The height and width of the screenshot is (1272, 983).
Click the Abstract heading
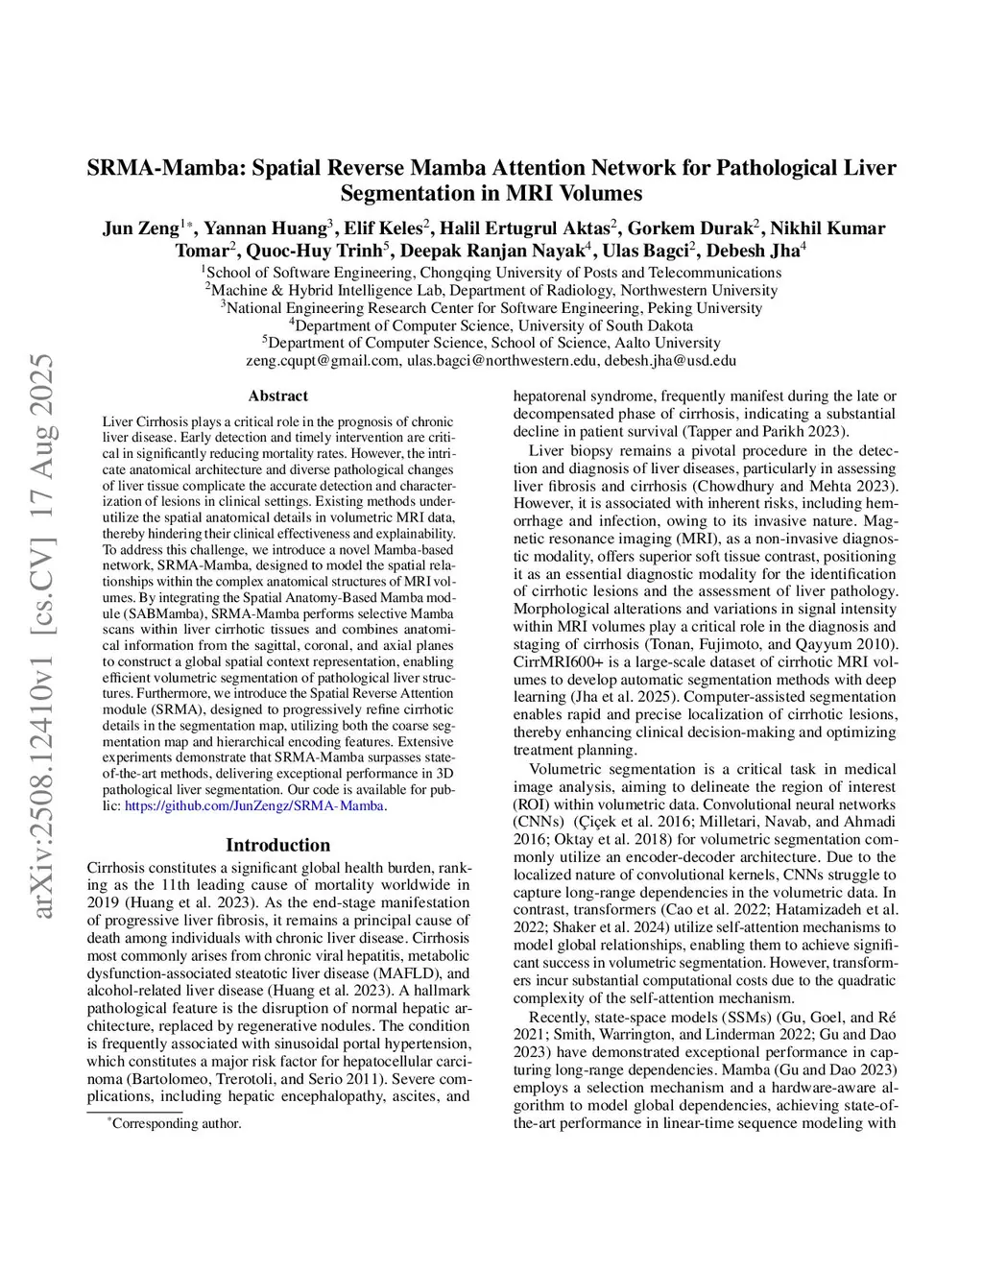tap(277, 396)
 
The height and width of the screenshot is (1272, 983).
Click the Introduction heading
tap(277, 845)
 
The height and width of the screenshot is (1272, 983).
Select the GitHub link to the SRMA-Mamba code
tap(254, 805)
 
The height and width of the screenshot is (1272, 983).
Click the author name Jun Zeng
tap(141, 228)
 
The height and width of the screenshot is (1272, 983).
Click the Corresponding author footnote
tap(176, 1123)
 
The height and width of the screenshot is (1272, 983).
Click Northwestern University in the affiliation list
tap(698, 290)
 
